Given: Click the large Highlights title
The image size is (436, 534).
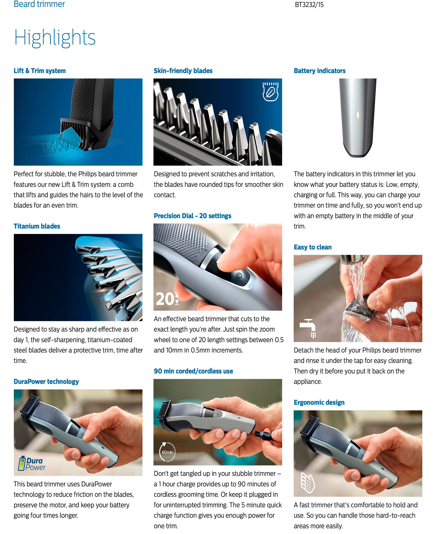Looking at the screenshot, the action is (55, 38).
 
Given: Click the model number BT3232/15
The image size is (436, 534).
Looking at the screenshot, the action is (309, 5).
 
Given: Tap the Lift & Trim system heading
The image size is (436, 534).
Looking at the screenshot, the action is (40, 71).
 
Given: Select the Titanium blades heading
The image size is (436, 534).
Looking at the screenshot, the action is (37, 226).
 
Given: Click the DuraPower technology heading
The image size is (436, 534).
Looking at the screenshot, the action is (46, 381).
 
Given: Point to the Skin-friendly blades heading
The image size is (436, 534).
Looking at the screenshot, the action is (183, 71).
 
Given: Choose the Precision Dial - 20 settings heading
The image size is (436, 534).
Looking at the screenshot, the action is (192, 216).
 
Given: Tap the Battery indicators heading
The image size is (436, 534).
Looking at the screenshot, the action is (320, 71).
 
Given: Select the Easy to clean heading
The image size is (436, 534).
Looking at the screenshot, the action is (313, 247).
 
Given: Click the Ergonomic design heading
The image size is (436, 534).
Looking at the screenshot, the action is (319, 402).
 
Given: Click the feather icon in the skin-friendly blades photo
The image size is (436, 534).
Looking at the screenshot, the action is (271, 92).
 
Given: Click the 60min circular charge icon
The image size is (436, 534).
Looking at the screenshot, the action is (168, 452).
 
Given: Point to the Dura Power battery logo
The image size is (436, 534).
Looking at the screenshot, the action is (32, 464).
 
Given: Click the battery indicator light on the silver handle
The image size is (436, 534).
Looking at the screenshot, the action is (357, 115).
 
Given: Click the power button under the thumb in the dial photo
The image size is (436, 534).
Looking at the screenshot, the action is (239, 275).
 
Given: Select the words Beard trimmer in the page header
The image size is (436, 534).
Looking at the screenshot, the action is (39, 4).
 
